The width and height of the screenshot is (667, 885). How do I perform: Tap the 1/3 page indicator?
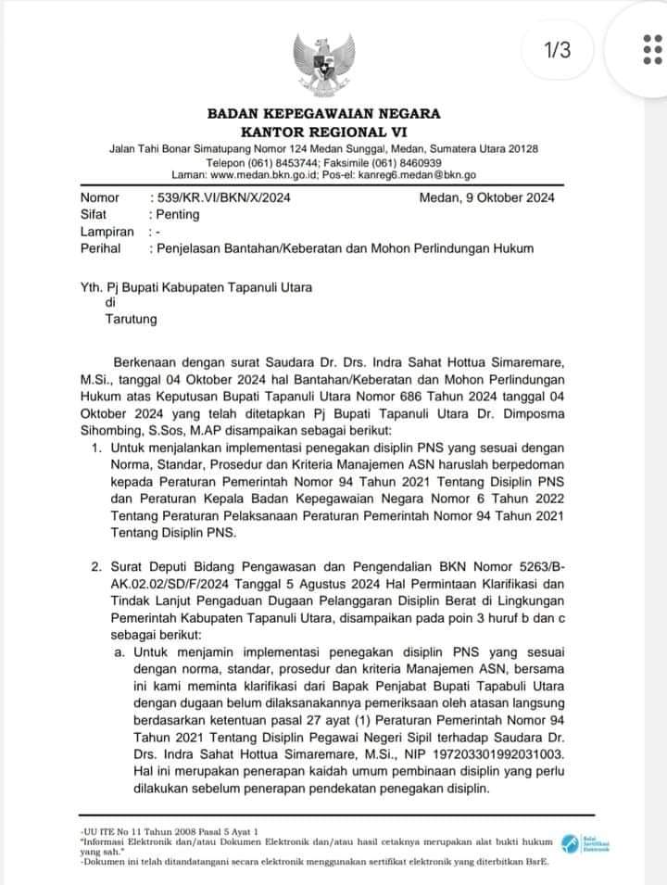[558, 50]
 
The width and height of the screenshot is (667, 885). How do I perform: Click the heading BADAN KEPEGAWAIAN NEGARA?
[323, 114]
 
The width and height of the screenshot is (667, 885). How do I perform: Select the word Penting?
[179, 214]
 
